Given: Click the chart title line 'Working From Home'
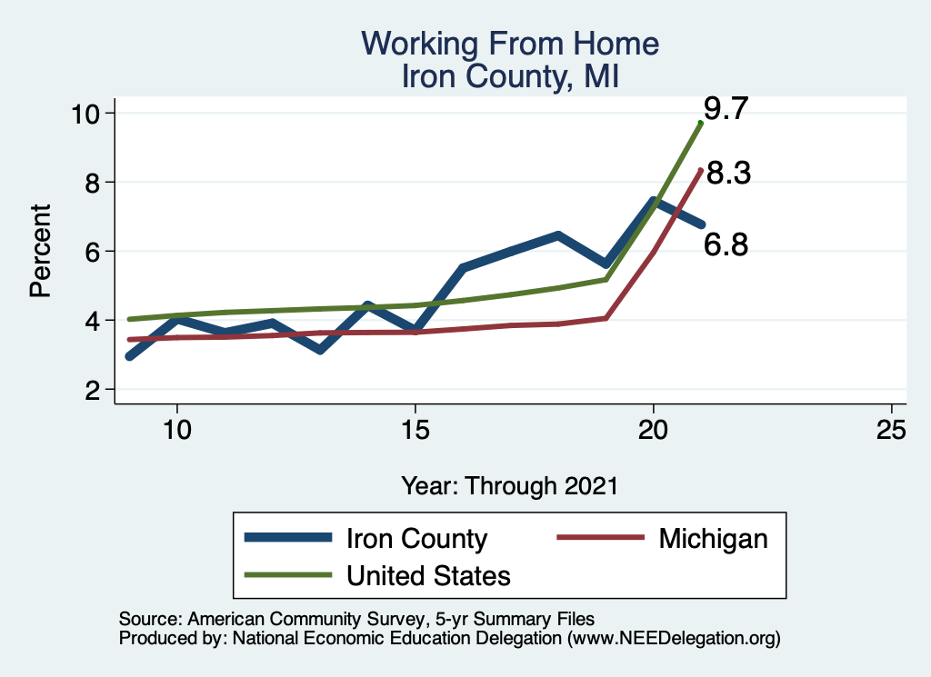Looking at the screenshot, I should coord(509,44).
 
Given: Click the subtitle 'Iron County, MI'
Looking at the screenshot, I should coord(509,76).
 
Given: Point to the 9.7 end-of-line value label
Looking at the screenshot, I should coord(726,110).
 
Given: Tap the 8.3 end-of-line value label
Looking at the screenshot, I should coord(728,174).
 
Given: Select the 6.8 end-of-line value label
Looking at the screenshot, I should coord(726,243).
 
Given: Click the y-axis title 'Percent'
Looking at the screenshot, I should coord(39,251).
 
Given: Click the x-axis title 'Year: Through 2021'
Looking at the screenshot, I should coord(509,485).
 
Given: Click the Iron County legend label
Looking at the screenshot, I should coord(416,538).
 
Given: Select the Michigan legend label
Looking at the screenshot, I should coord(713,538).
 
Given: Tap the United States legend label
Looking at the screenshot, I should coord(428,575).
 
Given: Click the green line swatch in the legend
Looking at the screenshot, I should coord(287,575).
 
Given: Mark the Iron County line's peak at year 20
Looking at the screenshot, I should coord(654,201).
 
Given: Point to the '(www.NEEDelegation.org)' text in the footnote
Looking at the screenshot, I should coord(674,638).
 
